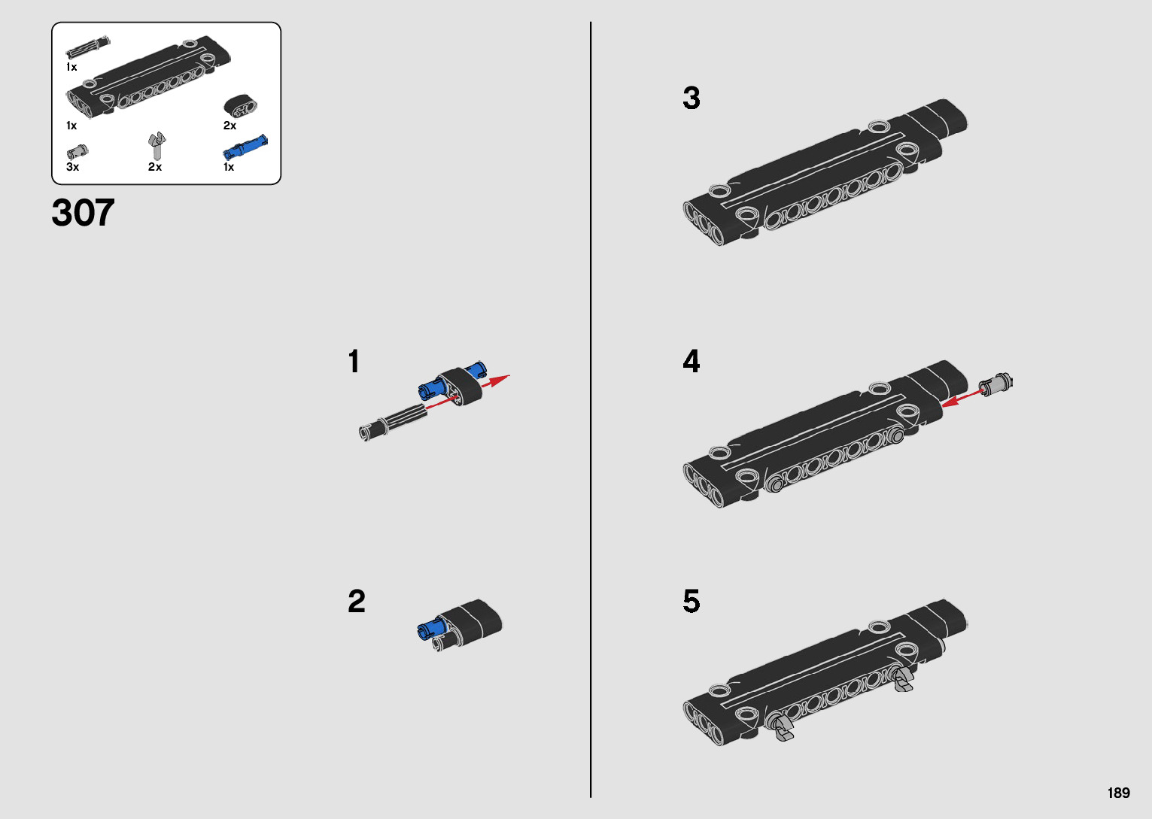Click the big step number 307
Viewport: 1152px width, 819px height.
point(83,212)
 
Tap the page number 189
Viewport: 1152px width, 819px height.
point(1119,793)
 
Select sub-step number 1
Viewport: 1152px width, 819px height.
point(354,361)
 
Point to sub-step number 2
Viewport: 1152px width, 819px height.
point(357,601)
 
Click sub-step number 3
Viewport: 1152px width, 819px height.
point(692,98)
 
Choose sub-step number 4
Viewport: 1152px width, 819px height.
point(692,361)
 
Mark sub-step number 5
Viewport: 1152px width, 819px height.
point(692,601)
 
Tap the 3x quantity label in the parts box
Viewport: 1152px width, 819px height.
point(72,166)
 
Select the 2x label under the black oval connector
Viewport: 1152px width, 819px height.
point(230,126)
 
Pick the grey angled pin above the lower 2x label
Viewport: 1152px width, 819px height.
point(157,145)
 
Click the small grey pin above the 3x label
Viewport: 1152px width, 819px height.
point(78,152)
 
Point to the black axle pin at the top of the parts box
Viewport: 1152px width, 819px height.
point(88,47)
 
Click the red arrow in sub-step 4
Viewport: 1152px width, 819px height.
point(962,398)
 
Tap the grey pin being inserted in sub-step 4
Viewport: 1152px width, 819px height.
point(995,384)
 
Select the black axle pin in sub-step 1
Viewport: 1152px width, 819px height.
point(393,422)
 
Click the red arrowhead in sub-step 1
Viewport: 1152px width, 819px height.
point(498,381)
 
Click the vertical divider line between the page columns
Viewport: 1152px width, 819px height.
point(591,409)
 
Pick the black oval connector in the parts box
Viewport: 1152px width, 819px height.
point(240,105)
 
